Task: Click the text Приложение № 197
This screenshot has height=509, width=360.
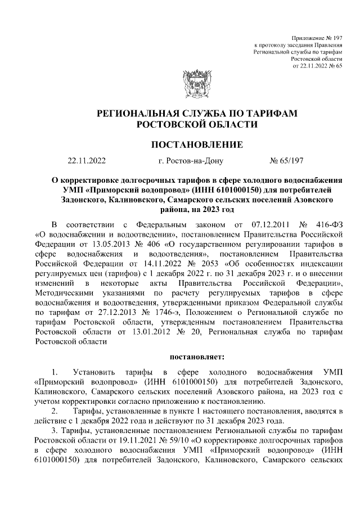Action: point(315,38)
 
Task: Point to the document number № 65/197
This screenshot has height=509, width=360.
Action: point(287,161)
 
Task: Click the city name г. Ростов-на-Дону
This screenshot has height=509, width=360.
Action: point(191,161)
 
